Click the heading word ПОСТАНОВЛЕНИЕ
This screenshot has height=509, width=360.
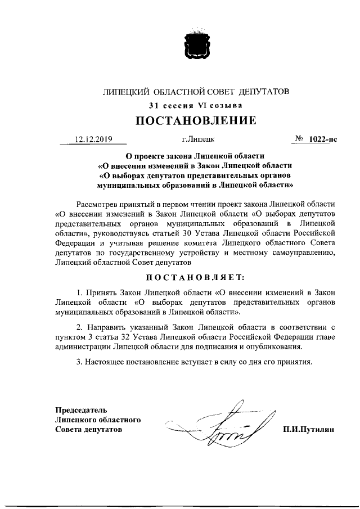(196, 120)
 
